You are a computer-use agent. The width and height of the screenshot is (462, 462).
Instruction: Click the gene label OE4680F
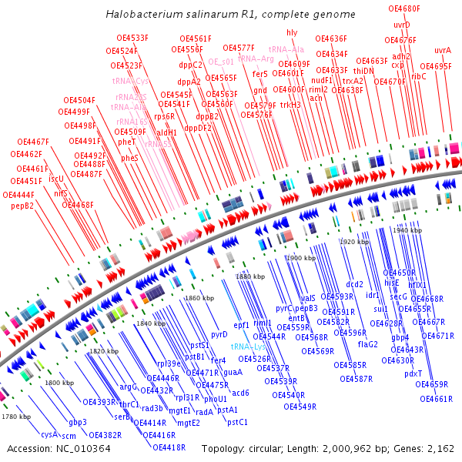tap(404, 8)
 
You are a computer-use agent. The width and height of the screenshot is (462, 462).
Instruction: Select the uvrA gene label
tap(443, 51)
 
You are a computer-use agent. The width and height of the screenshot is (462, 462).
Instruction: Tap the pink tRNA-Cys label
tap(130, 81)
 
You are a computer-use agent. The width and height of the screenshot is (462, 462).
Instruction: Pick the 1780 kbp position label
tap(15, 417)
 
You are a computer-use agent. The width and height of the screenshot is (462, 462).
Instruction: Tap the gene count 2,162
tap(440, 448)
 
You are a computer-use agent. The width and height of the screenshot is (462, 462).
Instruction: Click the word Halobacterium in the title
tap(139, 15)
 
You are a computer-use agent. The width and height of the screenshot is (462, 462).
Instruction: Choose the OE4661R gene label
tap(436, 399)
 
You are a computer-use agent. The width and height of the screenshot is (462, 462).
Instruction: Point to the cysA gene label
tap(49, 434)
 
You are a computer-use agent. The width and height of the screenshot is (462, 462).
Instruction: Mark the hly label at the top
tap(292, 32)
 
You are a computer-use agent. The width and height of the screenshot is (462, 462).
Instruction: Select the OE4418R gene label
tap(163, 447)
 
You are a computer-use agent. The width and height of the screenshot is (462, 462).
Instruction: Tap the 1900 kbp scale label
tap(300, 258)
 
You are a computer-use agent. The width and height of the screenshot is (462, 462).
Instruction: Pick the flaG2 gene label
tap(368, 343)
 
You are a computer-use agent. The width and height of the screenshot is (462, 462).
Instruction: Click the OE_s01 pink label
tap(221, 62)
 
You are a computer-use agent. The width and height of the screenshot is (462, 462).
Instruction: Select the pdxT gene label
tap(413, 373)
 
